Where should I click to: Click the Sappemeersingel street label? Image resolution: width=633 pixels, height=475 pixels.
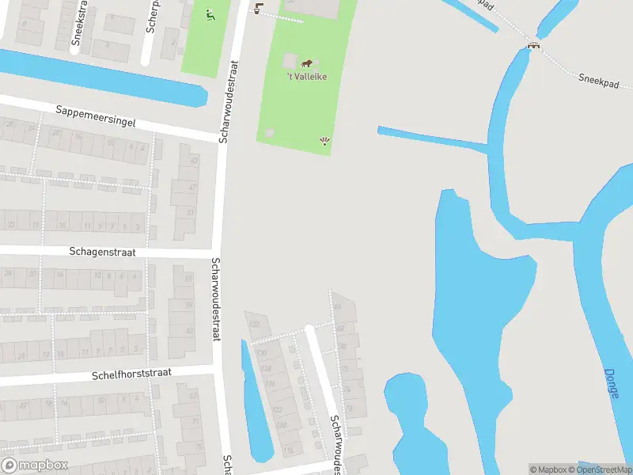point(97,117)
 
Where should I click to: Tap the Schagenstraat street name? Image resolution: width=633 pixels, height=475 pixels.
point(102,252)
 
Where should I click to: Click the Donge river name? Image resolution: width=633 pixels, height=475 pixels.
point(612,383)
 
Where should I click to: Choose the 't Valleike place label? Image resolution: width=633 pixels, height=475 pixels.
point(306,76)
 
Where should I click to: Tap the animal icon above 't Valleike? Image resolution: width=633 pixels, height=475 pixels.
point(306,63)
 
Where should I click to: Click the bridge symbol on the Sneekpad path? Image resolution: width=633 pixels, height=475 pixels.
point(534,45)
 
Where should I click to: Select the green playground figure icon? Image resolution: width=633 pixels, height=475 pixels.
point(210,14)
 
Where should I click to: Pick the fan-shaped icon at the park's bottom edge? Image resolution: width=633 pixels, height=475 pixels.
point(324,142)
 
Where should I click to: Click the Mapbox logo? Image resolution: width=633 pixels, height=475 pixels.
point(34,465)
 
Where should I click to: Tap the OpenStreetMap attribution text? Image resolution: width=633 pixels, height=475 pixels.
point(605,469)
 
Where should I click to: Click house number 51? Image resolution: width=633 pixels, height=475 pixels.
point(190,212)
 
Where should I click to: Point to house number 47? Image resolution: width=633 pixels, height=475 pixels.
point(192,188)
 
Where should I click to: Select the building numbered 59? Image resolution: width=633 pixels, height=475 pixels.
point(188,306)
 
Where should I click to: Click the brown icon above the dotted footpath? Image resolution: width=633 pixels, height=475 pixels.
point(258,9)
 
